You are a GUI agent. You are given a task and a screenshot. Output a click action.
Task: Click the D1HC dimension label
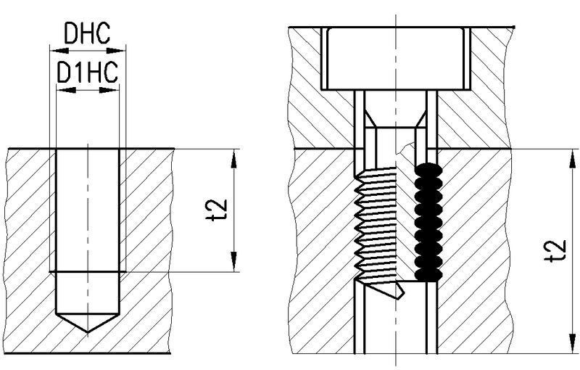point(87,73)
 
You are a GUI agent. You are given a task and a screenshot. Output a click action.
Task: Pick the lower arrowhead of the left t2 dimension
point(234,263)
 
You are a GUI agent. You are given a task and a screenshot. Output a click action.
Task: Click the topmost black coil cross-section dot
point(425,169)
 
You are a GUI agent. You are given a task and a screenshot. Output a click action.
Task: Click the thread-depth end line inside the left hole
point(88,272)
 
